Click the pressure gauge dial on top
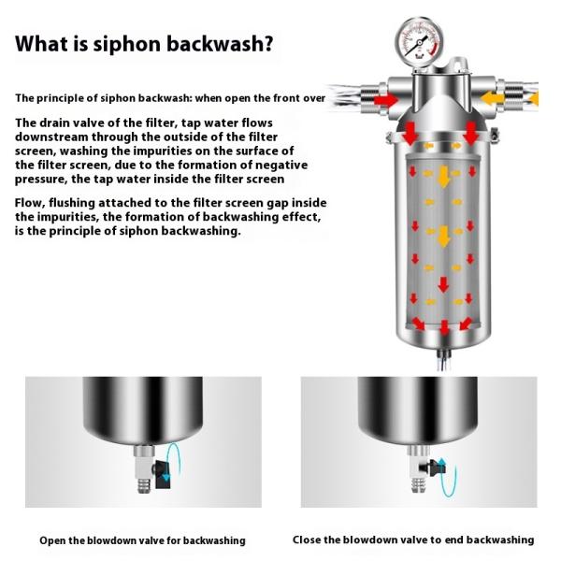point(419,41)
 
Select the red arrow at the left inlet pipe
point(385,99)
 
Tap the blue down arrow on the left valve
point(166,477)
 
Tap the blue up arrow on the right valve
point(442,464)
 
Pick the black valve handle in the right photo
point(432,467)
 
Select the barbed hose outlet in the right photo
point(418,485)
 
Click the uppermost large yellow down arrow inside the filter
point(443,177)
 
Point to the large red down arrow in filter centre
point(443,284)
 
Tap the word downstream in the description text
point(51,137)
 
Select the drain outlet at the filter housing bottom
point(443,360)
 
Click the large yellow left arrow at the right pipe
point(492,98)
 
